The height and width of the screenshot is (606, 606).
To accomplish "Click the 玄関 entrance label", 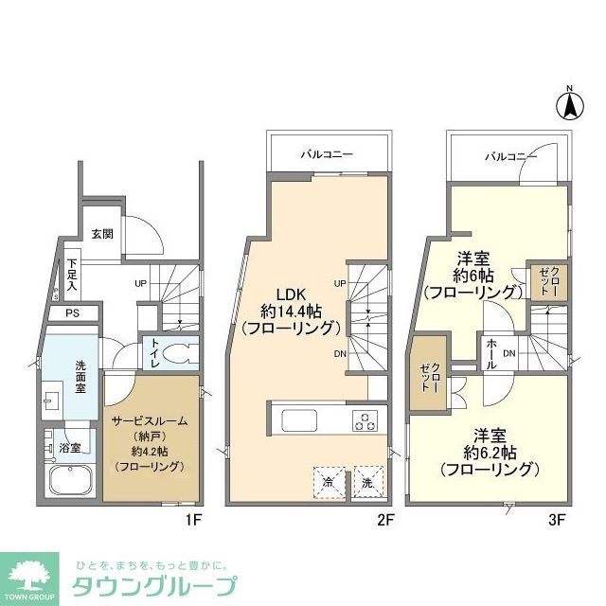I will click(x=102, y=234).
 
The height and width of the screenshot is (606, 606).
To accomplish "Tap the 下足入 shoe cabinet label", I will click(x=72, y=275).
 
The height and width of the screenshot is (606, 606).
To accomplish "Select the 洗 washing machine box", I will click(x=367, y=481).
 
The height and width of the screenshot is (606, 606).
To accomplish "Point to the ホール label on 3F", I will click(x=490, y=353).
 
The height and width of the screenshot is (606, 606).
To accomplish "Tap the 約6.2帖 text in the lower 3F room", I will click(x=490, y=451).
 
